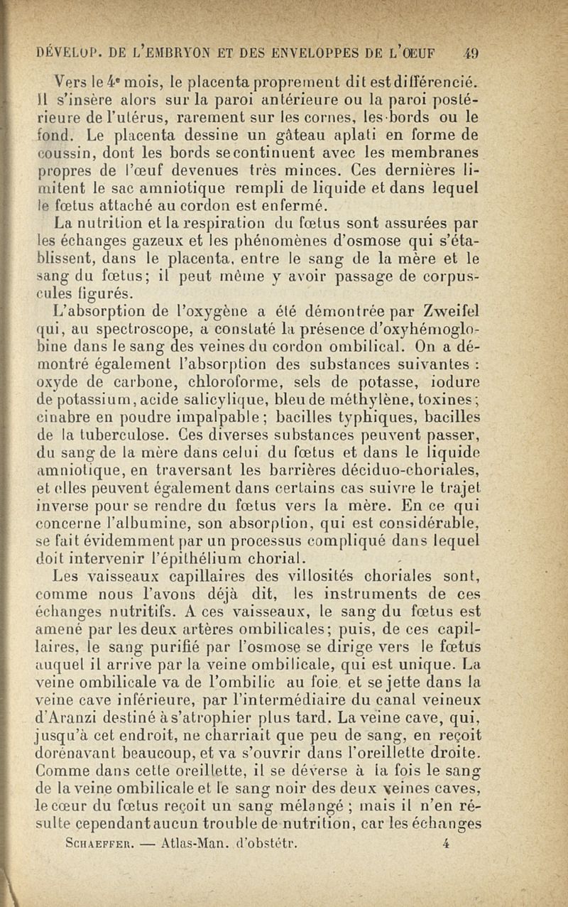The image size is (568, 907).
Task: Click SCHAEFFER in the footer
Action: pyautogui.click(x=82, y=844)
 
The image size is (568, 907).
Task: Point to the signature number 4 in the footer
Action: pyautogui.click(x=446, y=844)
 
